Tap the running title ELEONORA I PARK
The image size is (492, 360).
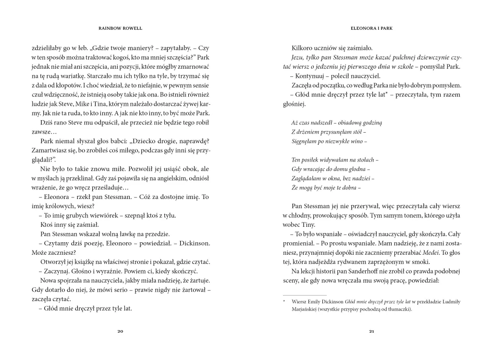pos(372,28)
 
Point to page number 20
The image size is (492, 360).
pos(120,331)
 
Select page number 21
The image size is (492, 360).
pos(371,331)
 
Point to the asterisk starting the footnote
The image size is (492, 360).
pos(284,301)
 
